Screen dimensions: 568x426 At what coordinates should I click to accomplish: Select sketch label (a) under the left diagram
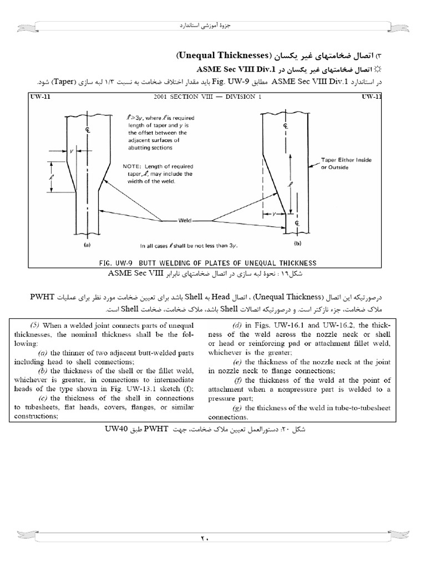(x=87, y=244)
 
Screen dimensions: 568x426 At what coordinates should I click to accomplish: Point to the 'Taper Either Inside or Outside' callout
(x=346, y=164)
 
